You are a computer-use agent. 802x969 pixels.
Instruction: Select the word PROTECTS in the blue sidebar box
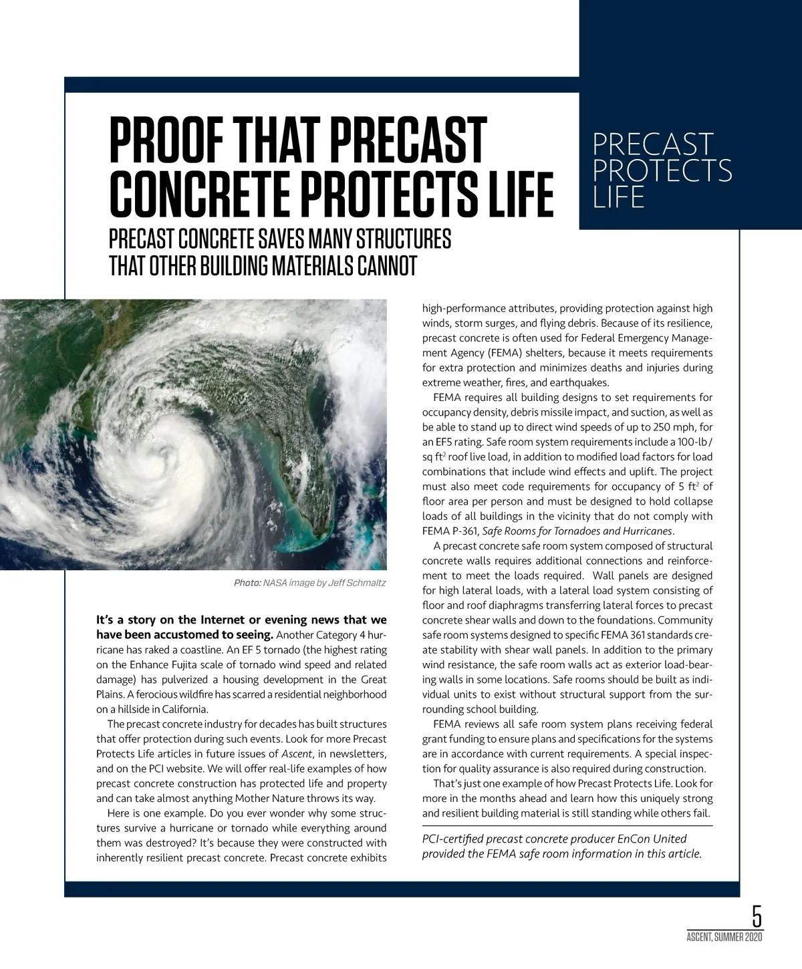click(662, 170)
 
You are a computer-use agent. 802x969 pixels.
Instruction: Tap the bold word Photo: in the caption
click(247, 583)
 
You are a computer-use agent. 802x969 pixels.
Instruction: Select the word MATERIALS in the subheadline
click(307, 265)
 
